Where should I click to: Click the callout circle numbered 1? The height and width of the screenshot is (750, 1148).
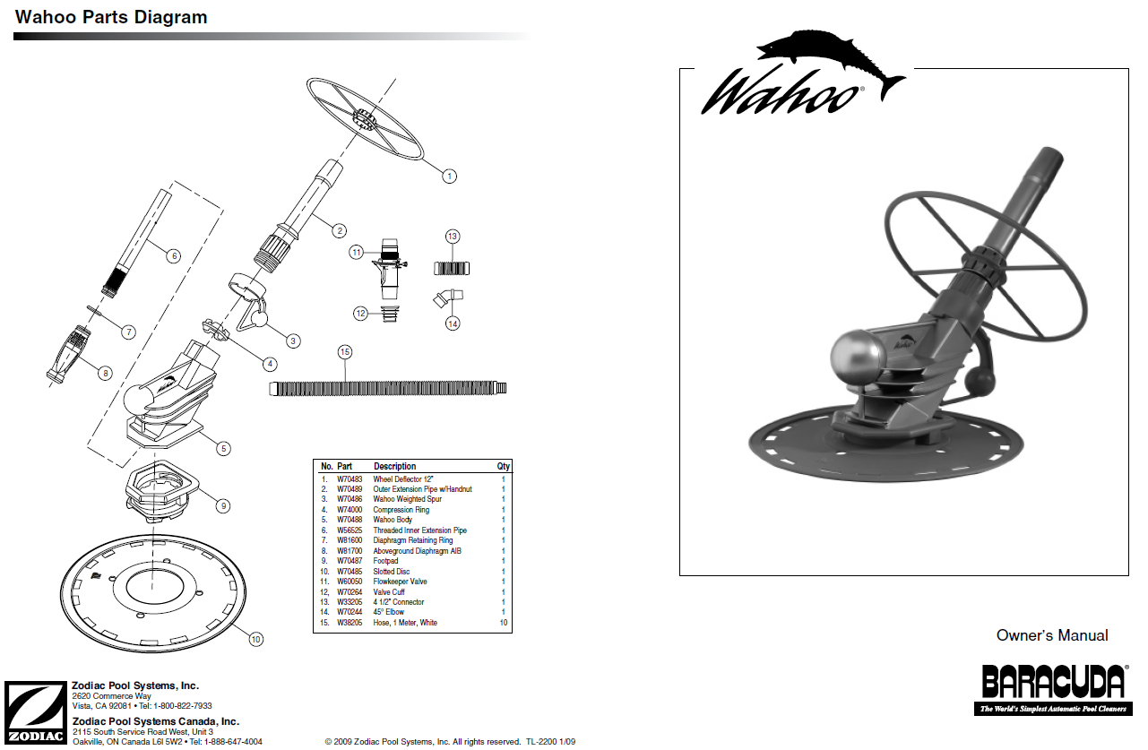(x=449, y=177)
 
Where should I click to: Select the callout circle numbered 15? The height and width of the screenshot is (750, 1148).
(x=345, y=352)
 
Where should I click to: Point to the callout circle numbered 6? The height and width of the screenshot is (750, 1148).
(x=174, y=255)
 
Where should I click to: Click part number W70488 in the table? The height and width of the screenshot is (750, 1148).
(x=349, y=520)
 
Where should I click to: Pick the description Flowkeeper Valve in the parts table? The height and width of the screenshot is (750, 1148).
(x=400, y=582)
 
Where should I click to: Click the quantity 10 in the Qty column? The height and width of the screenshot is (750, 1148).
(x=503, y=623)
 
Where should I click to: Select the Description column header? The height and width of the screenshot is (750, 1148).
(x=394, y=466)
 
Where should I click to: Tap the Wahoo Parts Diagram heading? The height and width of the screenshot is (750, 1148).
(x=111, y=17)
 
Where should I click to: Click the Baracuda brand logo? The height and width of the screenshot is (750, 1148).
(x=1053, y=688)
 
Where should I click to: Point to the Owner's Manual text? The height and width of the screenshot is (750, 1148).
(x=1051, y=635)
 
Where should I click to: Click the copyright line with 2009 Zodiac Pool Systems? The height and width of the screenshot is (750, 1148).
(x=450, y=742)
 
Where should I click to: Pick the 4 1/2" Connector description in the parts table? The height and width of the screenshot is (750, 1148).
(x=399, y=602)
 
